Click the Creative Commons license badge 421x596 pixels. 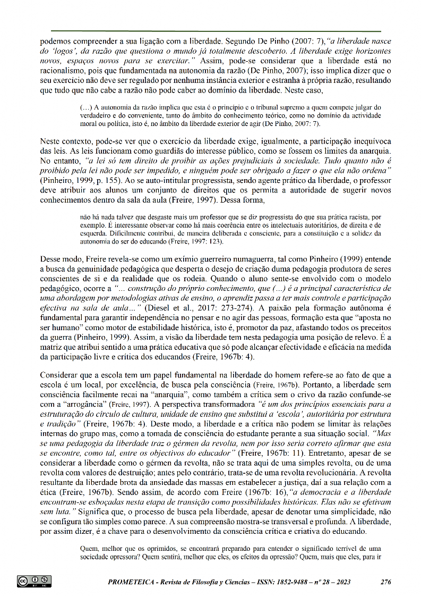[33, 581]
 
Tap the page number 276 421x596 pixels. [386, 582]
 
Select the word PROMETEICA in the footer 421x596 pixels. [131, 582]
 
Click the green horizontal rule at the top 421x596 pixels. [216, 31]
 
